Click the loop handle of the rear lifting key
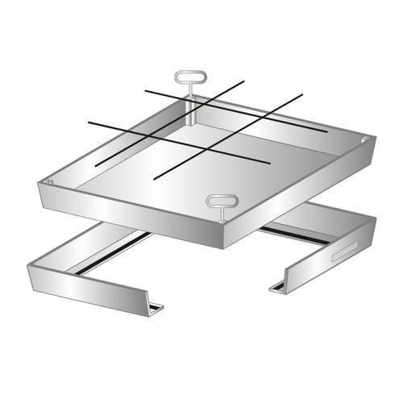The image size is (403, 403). (x=191, y=77)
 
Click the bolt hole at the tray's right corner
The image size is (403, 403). (x=365, y=140)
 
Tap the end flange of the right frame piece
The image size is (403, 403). (x=276, y=286)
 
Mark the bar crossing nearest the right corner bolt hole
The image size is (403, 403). (x=270, y=115)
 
